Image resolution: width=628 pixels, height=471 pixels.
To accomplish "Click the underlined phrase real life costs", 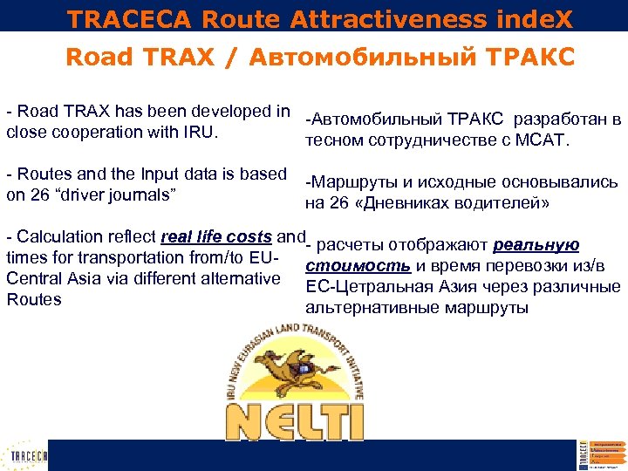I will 217,237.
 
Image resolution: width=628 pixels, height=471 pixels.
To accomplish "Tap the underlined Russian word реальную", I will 536,245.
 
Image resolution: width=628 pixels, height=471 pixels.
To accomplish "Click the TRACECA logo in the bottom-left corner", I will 29,455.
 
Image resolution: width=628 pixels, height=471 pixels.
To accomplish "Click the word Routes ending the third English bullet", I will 34,299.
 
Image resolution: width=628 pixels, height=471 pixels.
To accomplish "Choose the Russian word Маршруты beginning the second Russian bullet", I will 347,182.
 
